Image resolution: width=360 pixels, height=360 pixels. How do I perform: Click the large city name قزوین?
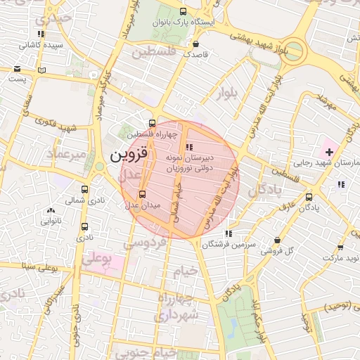pos(129,155)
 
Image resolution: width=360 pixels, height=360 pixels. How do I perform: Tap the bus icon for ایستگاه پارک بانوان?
pos(184,12)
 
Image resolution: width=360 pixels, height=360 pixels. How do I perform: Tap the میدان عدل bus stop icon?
pos(143,194)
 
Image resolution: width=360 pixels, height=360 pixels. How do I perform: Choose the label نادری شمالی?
pos(61,200)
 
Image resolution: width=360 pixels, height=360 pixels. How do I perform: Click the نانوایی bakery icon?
pos(50,210)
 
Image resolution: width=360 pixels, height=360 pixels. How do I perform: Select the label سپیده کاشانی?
pos(41,45)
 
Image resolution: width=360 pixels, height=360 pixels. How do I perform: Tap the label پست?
pos(15,79)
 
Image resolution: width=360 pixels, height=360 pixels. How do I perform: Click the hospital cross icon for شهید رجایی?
pos(329,152)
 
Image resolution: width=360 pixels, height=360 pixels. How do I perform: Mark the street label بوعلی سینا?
pos(39,266)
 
